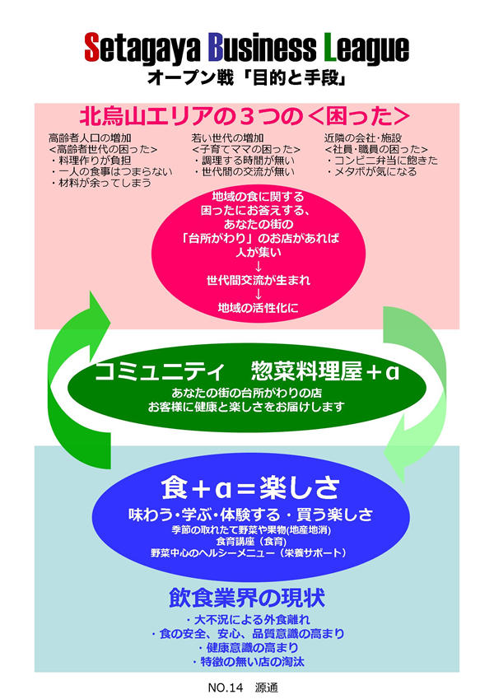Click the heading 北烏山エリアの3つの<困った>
(245, 114)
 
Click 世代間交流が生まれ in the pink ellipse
(259, 280)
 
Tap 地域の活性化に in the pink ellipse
(259, 307)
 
